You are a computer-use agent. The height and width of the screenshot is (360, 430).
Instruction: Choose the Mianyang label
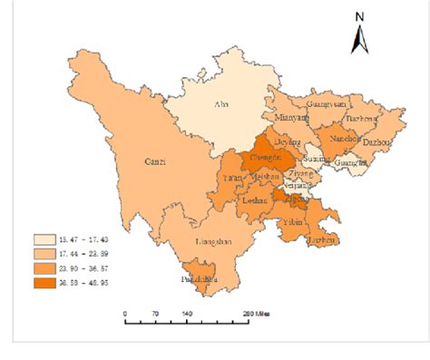[291, 118]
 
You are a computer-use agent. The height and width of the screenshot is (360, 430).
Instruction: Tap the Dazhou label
[378, 142]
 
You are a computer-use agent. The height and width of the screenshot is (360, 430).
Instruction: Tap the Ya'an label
[232, 180]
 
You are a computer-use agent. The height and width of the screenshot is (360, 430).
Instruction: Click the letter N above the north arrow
[359, 16]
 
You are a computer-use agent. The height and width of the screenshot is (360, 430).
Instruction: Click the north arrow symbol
[359, 38]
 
